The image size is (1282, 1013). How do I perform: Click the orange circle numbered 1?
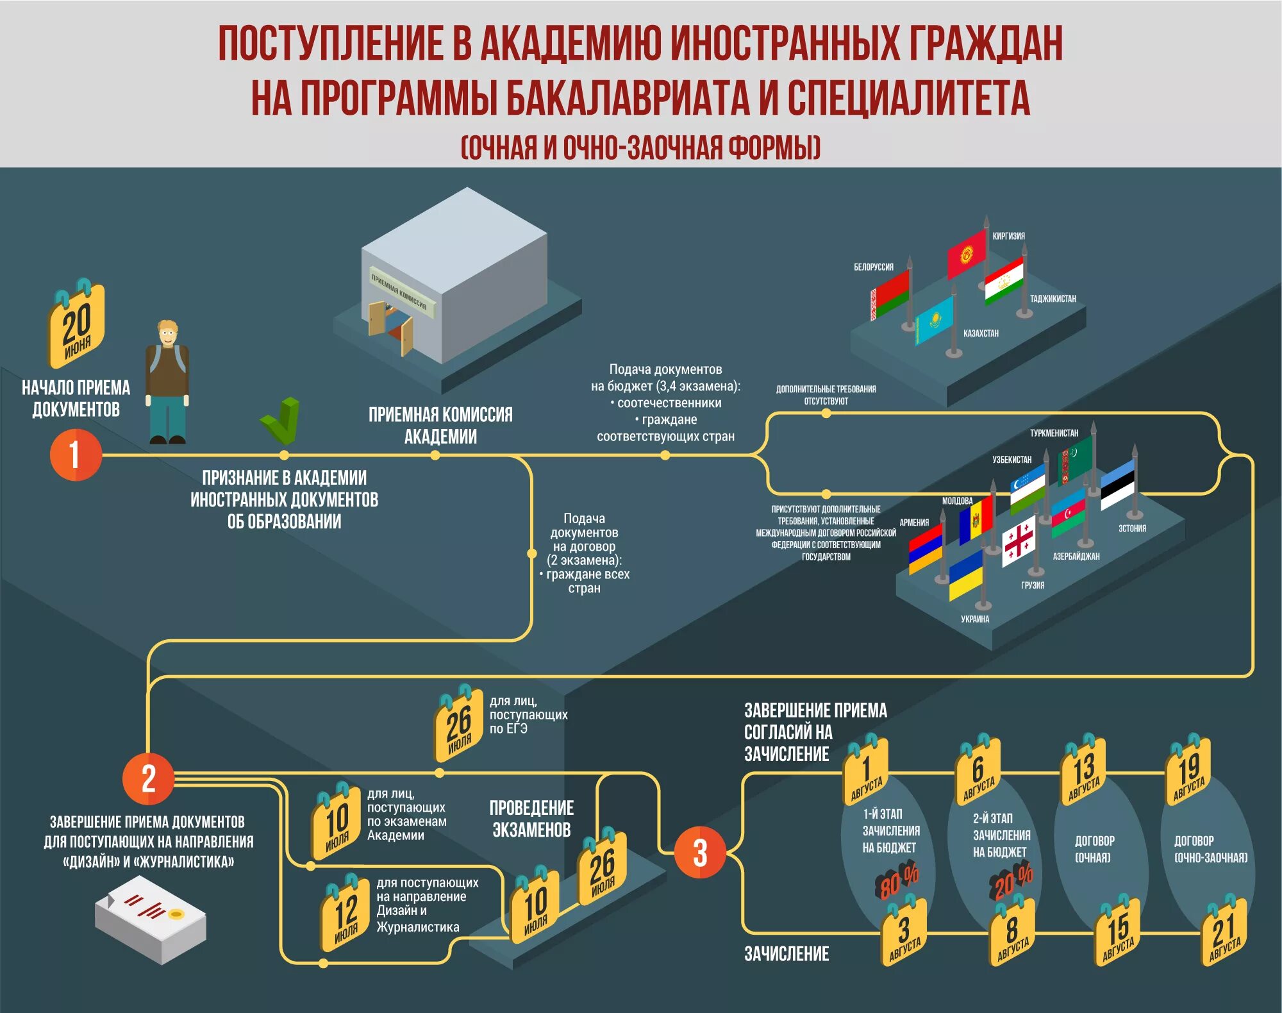pos(76,455)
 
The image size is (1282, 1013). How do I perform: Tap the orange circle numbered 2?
pos(148,778)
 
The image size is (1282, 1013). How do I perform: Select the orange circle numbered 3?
pos(699,853)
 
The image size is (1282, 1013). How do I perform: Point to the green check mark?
pos(281,421)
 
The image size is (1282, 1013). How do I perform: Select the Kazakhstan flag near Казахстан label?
pos(934,320)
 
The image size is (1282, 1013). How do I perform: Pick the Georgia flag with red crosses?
pos(1019,541)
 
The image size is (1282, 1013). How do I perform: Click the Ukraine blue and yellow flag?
pos(965,573)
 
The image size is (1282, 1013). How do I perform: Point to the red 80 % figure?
pos(897,882)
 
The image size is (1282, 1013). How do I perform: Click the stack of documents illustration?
pos(151,920)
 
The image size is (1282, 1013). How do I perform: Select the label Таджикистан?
pos(1053,299)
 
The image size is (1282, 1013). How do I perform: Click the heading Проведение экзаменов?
pos(531,819)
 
